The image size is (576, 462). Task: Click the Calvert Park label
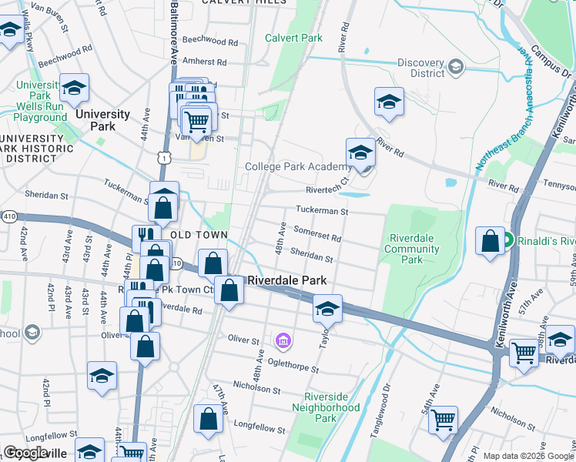[x=293, y=38]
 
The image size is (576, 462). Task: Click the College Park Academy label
[x=298, y=166]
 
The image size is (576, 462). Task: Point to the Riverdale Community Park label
[x=412, y=249]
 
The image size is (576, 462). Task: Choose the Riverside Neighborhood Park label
[x=326, y=407]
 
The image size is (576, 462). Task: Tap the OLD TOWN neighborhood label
[x=199, y=235]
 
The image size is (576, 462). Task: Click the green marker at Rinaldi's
[x=508, y=241]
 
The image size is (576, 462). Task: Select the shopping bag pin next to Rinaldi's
[x=491, y=242]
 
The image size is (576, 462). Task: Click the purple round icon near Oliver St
[x=283, y=340]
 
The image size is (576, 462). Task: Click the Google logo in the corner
[x=25, y=453]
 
